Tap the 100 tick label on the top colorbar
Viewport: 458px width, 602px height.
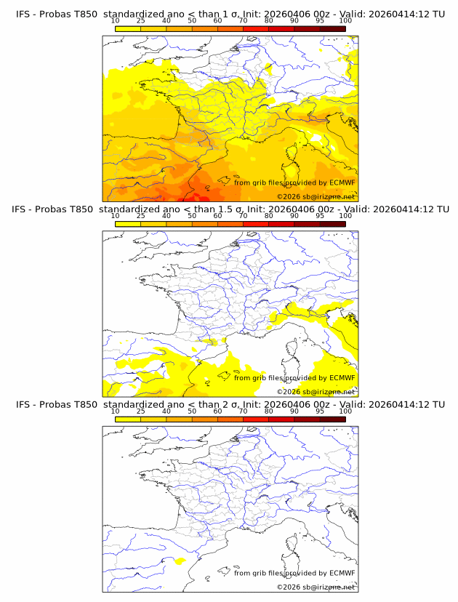click(345, 21)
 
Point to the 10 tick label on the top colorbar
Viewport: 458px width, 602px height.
click(115, 21)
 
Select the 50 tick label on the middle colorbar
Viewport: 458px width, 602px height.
click(192, 216)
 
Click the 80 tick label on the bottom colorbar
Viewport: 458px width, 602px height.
click(269, 411)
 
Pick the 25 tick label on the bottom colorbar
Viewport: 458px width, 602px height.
click(141, 411)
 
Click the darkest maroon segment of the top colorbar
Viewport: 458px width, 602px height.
click(332, 28)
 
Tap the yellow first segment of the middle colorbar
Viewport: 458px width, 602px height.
click(128, 223)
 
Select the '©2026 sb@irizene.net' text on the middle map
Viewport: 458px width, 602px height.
click(316, 391)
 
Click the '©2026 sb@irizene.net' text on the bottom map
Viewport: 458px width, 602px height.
click(316, 586)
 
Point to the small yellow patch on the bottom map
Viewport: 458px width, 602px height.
click(180, 561)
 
